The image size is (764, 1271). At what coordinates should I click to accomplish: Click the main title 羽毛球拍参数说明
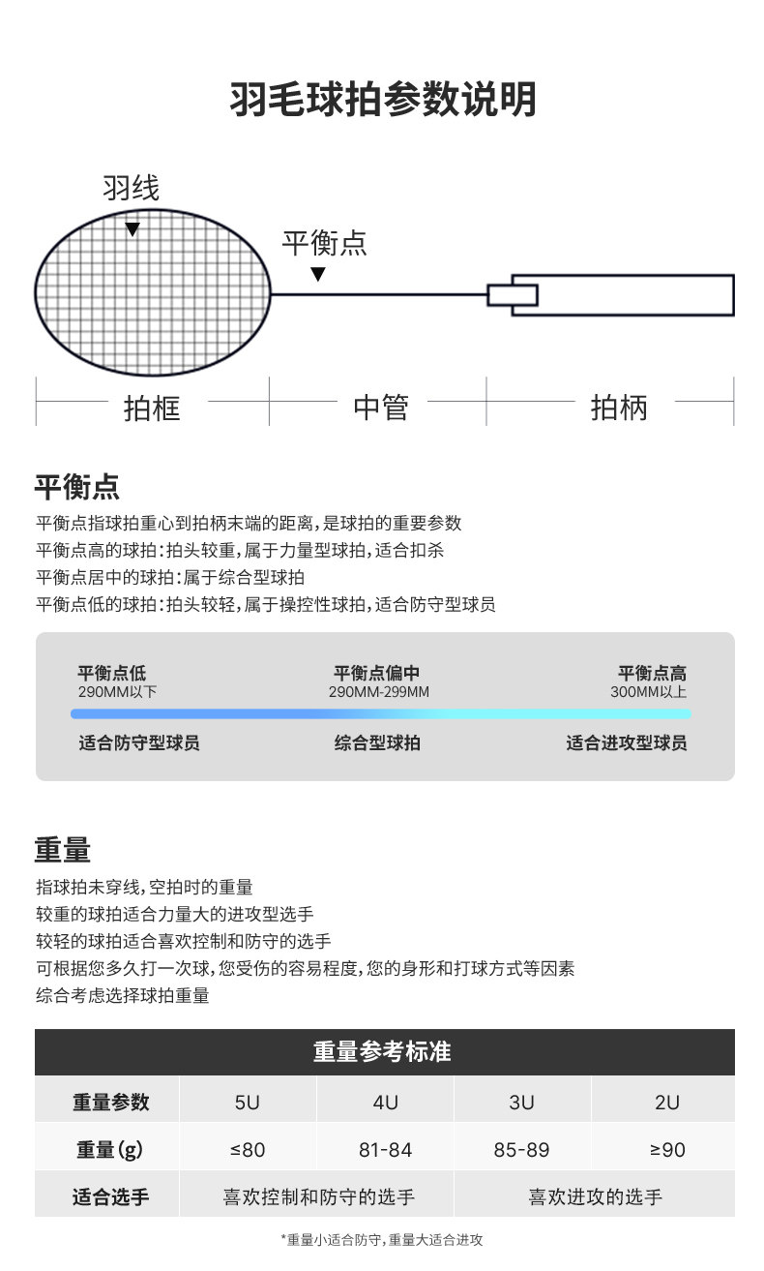coord(382,100)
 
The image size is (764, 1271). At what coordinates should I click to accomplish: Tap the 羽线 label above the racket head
coord(132,188)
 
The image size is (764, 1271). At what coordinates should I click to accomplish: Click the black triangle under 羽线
coord(132,229)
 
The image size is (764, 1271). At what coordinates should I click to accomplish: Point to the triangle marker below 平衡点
coord(317,275)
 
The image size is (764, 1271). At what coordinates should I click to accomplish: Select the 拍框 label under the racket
coord(153,408)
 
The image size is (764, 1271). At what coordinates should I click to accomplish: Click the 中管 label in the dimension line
coord(380,408)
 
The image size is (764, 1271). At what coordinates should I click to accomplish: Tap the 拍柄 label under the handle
coord(619,408)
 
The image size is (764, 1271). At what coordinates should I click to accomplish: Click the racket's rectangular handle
coord(623,294)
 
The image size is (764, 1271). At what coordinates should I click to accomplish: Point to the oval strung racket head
coord(153,292)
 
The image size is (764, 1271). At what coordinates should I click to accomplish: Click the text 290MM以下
coord(117,692)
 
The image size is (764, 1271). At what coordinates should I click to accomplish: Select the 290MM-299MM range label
coord(379,692)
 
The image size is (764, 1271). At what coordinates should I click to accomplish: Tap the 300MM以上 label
coord(648,692)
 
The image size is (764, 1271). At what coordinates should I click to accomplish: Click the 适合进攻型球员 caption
coord(626,743)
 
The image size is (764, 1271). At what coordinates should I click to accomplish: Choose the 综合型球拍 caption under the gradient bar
coord(377,743)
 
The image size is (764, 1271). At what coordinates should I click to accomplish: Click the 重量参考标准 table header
coord(382,1051)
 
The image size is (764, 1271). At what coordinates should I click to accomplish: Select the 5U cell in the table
coord(248,1102)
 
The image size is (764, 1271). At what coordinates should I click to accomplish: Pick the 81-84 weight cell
coord(385,1150)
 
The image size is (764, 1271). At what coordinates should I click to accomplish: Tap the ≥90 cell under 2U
coord(667,1150)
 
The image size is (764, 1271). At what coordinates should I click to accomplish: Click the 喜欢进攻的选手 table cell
coord(595,1197)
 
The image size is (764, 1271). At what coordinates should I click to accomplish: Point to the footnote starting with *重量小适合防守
coord(382,1239)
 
